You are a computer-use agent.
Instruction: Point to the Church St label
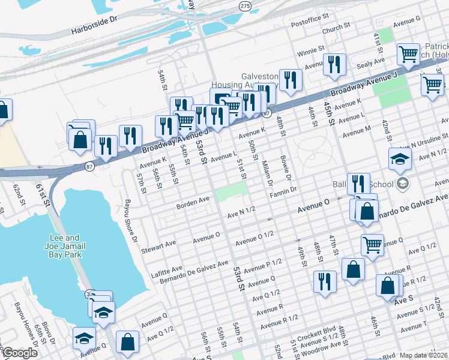pyautogui.click(x=336, y=28)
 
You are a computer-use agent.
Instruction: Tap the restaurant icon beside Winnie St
pyautogui.click(x=334, y=64)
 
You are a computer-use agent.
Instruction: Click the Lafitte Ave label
pyautogui.click(x=169, y=268)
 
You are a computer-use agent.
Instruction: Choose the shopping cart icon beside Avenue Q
pyautogui.click(x=372, y=244)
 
